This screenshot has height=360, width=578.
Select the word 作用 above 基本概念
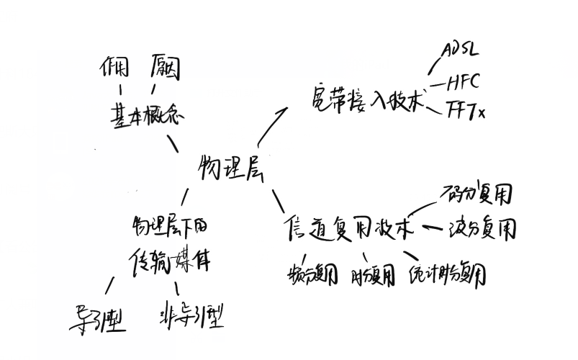[115, 69]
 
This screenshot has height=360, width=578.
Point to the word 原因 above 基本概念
[166, 69]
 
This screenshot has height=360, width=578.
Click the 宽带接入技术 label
[365, 101]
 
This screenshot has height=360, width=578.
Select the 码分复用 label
[479, 194]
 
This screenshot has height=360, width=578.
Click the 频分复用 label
[312, 274]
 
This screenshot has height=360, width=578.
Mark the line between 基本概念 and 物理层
[173, 143]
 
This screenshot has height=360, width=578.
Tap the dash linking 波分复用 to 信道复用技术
[432, 228]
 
